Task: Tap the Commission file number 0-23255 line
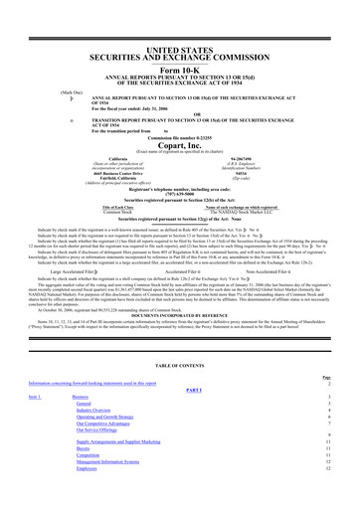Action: [179, 157]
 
